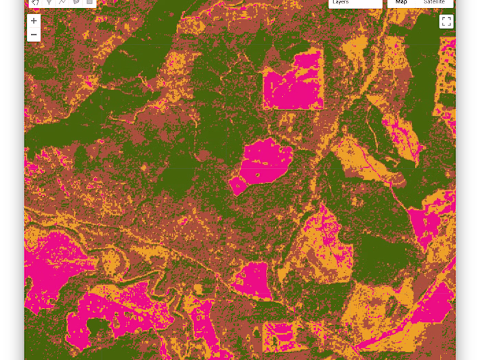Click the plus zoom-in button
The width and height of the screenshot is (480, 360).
[x=34, y=21]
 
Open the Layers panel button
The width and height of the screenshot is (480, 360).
[x=355, y=3]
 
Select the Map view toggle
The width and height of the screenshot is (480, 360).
[x=401, y=3]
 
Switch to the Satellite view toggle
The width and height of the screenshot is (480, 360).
[x=434, y=3]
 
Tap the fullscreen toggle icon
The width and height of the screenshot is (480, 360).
[x=446, y=21]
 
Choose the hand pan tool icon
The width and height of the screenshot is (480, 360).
[x=35, y=3]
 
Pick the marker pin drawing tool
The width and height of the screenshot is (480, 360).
[x=49, y=3]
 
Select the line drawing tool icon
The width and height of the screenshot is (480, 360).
[x=62, y=3]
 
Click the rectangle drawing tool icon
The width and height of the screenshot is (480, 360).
[x=89, y=3]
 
